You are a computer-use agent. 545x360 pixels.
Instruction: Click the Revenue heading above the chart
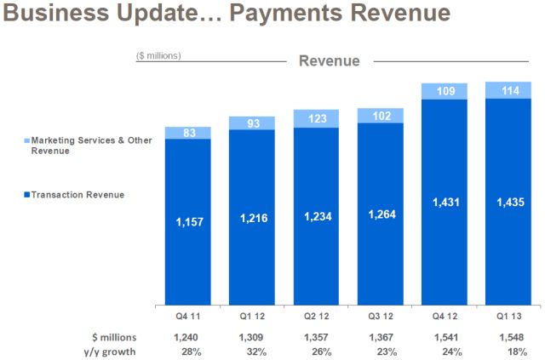point(329,61)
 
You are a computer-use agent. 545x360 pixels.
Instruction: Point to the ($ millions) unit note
point(158,56)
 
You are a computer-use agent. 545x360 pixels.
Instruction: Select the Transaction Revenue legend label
point(77,195)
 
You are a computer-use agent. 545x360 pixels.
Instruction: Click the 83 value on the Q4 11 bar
point(188,132)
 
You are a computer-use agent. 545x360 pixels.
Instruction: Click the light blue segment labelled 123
point(317,118)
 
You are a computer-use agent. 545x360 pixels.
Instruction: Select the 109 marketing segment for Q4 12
point(445,90)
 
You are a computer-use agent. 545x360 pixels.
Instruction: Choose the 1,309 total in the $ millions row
point(252,336)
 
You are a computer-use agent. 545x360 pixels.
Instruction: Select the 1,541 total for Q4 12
point(445,336)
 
